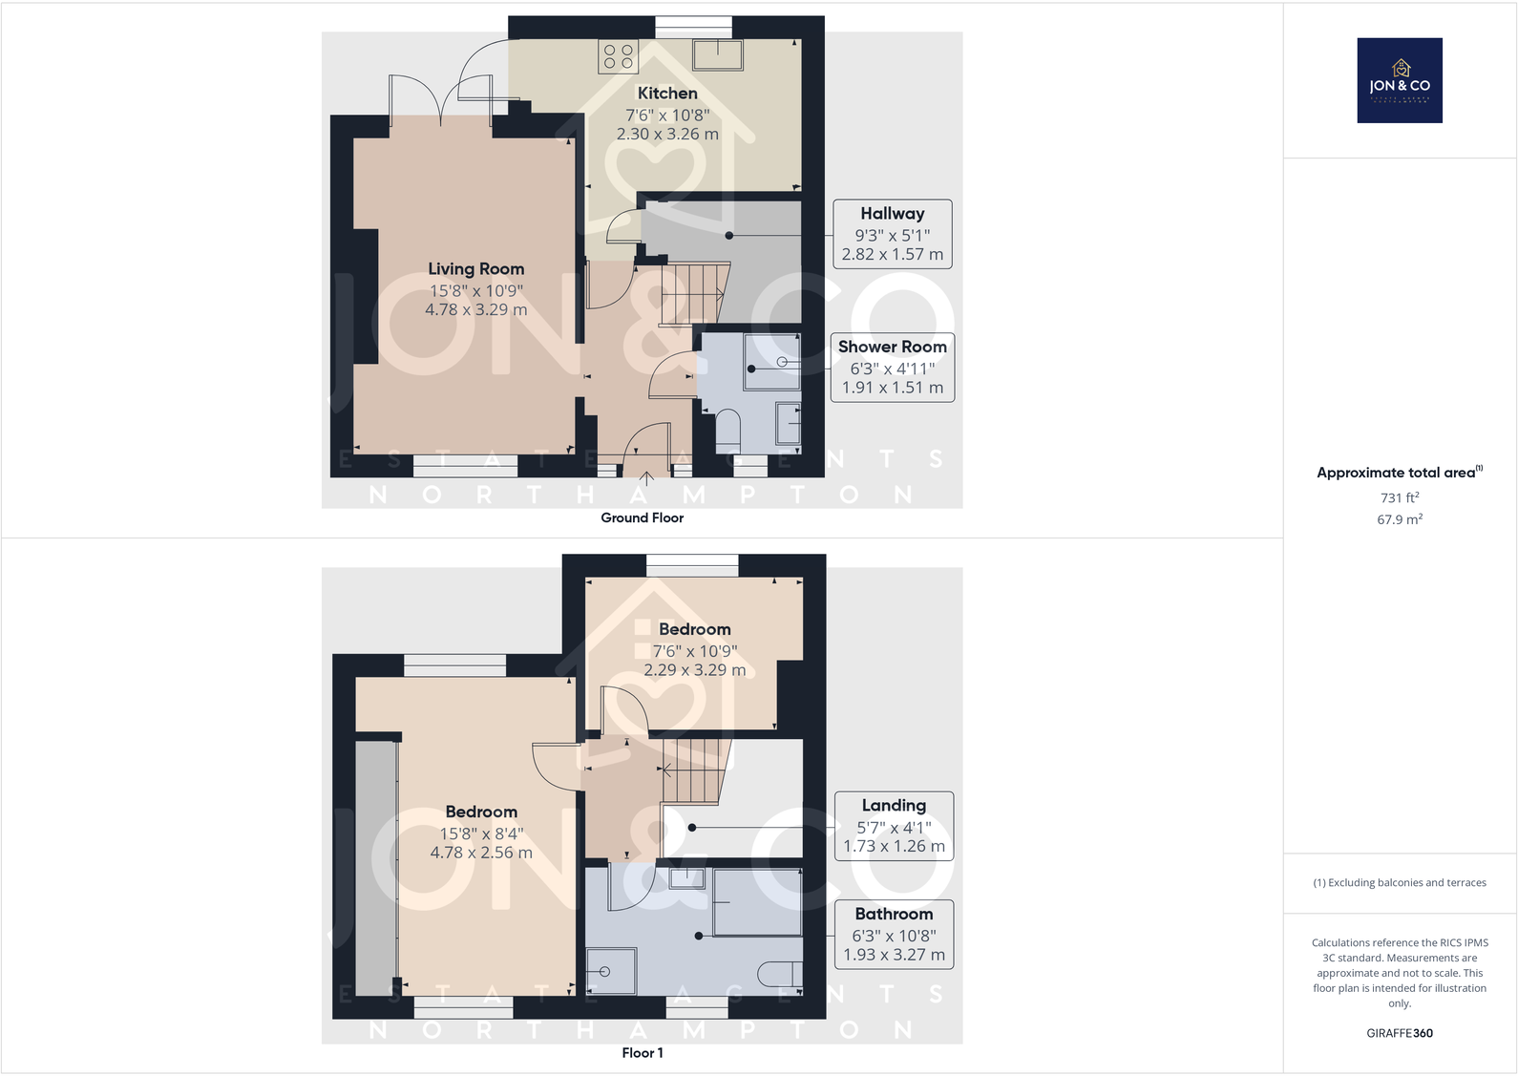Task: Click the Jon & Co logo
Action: (1399, 80)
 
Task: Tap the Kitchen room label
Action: (667, 94)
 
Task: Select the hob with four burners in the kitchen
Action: (618, 56)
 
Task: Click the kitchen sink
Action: (717, 55)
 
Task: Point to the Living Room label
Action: (475, 269)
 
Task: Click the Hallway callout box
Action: (892, 234)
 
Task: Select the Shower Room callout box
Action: (892, 368)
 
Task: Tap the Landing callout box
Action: (894, 826)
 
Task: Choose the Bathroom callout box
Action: (894, 934)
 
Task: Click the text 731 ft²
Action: (1399, 497)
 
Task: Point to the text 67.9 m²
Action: (1399, 519)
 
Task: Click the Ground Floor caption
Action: (642, 517)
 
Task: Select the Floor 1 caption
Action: (642, 1052)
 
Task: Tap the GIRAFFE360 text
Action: (1399, 1033)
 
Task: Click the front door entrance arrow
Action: (646, 477)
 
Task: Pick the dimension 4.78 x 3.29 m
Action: (475, 309)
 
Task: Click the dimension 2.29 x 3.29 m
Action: (694, 670)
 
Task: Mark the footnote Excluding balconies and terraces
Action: (1399, 882)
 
